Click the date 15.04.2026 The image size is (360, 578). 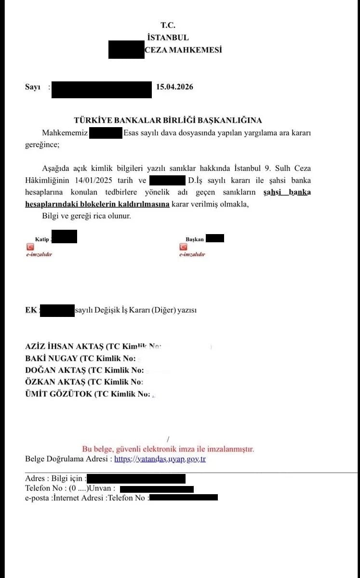(x=175, y=87)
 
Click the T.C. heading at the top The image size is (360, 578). (x=168, y=26)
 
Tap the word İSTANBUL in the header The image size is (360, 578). (x=168, y=38)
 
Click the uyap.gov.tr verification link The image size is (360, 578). (x=160, y=459)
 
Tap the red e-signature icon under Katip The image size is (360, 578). (x=30, y=247)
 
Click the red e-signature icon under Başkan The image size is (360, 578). (x=183, y=247)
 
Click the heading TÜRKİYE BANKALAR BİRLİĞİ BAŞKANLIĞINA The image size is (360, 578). (x=168, y=120)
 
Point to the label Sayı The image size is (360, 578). (x=33, y=87)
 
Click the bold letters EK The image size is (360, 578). (x=31, y=311)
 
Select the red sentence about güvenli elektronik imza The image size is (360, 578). (x=168, y=449)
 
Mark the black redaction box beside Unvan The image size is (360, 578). (x=157, y=489)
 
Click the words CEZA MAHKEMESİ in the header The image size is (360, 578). (x=183, y=50)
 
